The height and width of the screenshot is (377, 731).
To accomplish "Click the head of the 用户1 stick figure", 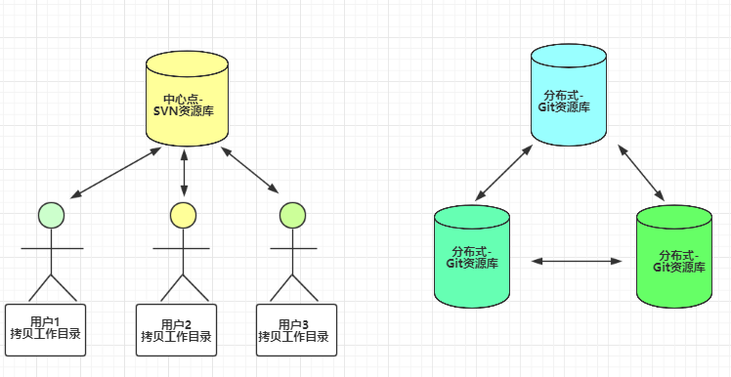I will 51,214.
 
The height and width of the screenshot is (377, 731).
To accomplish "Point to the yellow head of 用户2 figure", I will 182,214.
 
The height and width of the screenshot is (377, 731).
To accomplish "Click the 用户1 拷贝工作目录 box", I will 45,327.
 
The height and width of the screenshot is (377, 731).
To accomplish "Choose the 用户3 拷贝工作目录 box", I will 295,330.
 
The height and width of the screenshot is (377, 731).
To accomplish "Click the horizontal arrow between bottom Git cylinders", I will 577,261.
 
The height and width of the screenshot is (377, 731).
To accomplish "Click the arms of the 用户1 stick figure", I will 52,248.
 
